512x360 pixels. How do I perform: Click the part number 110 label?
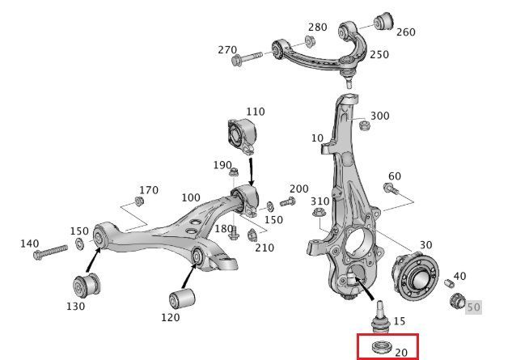point(255,111)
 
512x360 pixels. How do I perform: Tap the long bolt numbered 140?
point(50,254)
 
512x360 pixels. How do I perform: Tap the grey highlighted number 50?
point(473,307)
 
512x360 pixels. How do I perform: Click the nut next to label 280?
point(311,42)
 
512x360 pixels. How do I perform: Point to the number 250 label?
point(379,55)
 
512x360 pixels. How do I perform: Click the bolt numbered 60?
point(390,189)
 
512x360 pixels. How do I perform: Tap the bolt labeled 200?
point(287,201)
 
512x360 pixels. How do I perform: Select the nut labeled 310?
point(318,214)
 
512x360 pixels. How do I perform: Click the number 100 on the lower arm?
point(191,197)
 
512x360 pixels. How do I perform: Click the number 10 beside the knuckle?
point(316,138)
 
